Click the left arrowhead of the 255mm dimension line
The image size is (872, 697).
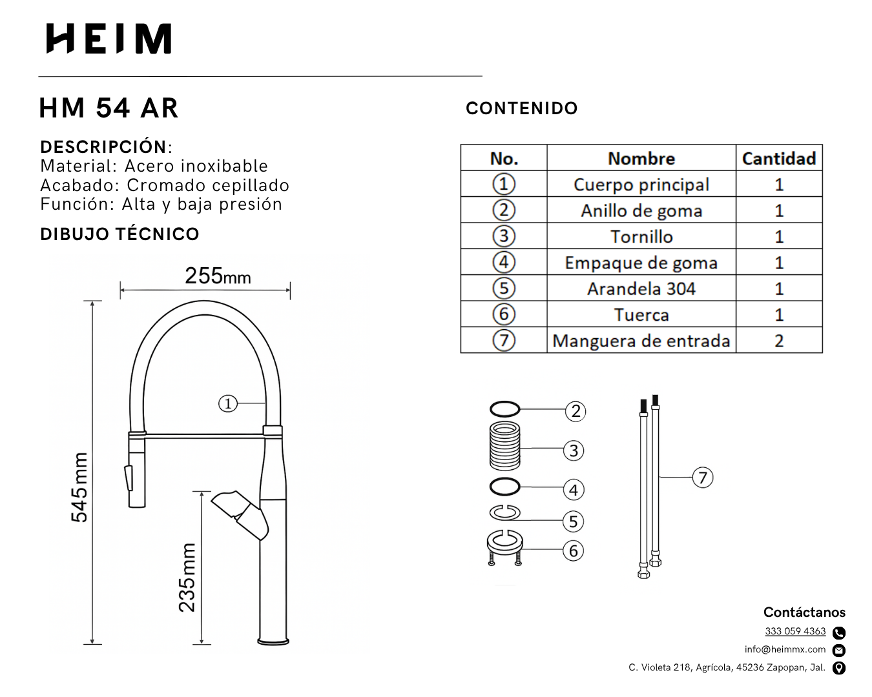121,290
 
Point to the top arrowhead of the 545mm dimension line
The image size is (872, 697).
92,302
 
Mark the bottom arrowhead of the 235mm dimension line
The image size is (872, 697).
202,643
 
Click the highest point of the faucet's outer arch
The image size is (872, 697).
204,301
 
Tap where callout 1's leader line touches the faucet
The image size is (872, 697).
265,403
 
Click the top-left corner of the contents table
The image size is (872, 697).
461,145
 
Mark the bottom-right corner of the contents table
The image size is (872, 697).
822,353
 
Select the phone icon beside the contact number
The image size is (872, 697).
839,632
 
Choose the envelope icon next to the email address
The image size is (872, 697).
839,650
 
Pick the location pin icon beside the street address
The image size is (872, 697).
839,668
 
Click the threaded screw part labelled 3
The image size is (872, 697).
504,445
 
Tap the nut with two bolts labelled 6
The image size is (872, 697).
504,547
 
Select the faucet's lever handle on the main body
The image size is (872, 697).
240,515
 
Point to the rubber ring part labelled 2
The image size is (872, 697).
504,409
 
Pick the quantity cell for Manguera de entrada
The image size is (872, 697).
779,340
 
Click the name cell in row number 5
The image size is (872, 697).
641,288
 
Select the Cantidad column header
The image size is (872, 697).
779,158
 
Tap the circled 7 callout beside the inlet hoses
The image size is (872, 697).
703,478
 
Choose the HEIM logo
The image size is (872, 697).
109,39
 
